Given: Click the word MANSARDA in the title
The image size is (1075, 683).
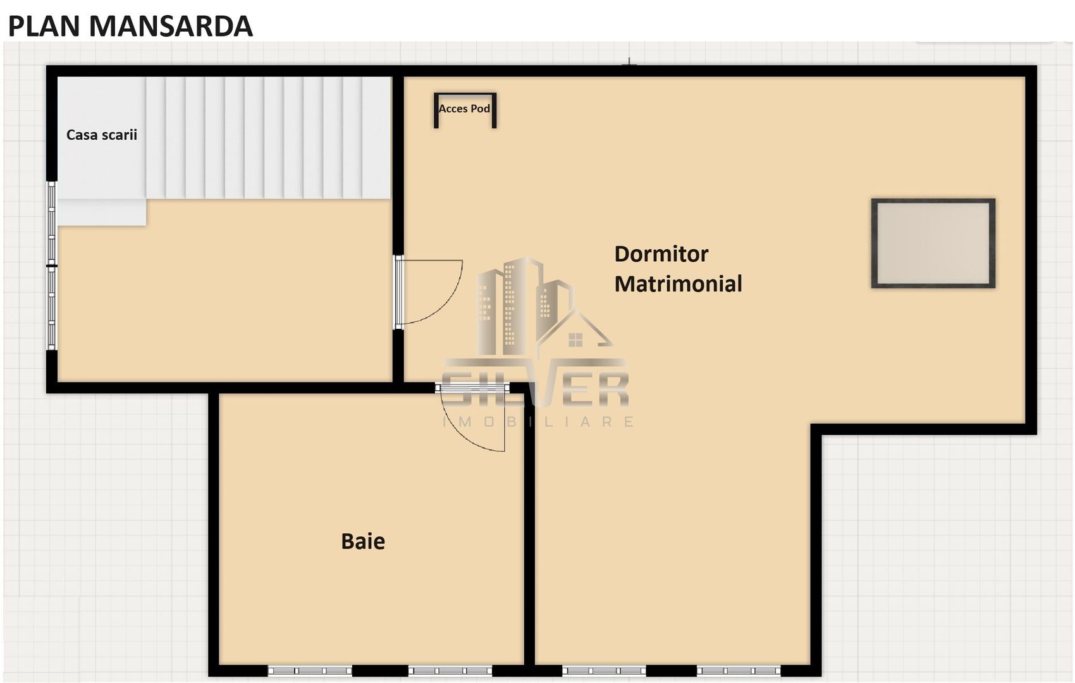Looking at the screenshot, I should point(171,27).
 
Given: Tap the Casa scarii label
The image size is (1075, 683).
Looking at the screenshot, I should point(102,135).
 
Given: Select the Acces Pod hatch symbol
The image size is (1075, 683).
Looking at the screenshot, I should point(465,110).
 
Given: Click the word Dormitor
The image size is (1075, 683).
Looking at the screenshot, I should point(661,254).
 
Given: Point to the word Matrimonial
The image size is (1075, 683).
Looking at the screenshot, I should point(678,284).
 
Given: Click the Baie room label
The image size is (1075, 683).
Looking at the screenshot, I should point(363,541).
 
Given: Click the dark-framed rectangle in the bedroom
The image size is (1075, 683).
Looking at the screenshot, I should point(933,243).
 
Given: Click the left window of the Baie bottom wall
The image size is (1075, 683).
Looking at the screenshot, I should point(310,670).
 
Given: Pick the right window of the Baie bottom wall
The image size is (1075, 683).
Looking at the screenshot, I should point(450,670).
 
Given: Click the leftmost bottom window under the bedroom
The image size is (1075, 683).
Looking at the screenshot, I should point(604,670).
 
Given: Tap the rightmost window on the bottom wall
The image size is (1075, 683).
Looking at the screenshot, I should point(739,670).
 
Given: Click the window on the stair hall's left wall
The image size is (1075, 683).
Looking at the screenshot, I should point(52,266).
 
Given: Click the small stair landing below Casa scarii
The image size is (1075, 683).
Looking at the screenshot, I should point(102,212).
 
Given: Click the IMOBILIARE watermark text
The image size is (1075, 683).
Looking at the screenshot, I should point(537,422).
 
